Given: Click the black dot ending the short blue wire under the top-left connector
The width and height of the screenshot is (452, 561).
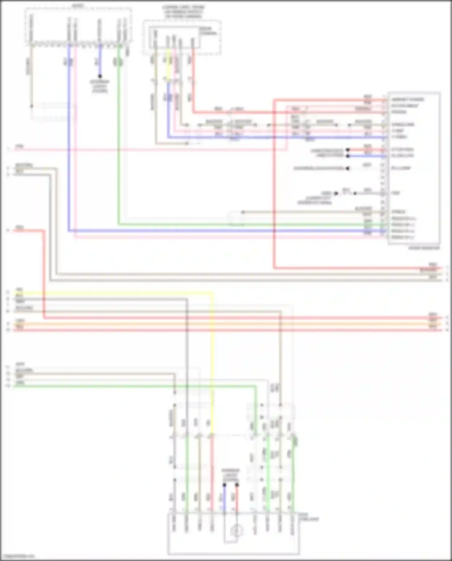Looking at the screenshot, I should point(100,76).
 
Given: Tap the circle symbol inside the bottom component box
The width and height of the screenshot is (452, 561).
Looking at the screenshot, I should point(237,531).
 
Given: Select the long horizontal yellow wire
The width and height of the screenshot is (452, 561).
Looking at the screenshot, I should point(115,292).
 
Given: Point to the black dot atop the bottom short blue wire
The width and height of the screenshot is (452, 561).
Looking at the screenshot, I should point(224,485).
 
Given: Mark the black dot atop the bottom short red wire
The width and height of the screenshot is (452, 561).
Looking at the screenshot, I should point(237,485).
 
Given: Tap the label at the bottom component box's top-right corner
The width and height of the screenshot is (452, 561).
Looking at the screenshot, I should point(309,517).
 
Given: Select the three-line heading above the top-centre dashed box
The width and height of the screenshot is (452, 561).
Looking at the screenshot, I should point(183,11).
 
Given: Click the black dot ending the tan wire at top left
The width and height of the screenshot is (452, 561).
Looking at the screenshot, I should point(31,106).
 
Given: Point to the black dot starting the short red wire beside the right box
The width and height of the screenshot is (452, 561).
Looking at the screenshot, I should point(348,150).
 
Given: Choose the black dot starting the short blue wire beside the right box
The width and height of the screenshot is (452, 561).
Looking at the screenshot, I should point(348,156).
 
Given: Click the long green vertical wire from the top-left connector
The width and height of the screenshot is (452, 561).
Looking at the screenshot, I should point(118,136).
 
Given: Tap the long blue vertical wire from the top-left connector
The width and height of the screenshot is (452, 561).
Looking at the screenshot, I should point(69,136).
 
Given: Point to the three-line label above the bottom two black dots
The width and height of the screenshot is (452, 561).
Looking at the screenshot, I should point(231,475).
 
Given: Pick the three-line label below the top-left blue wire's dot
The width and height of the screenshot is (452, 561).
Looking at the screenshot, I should point(99,86).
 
